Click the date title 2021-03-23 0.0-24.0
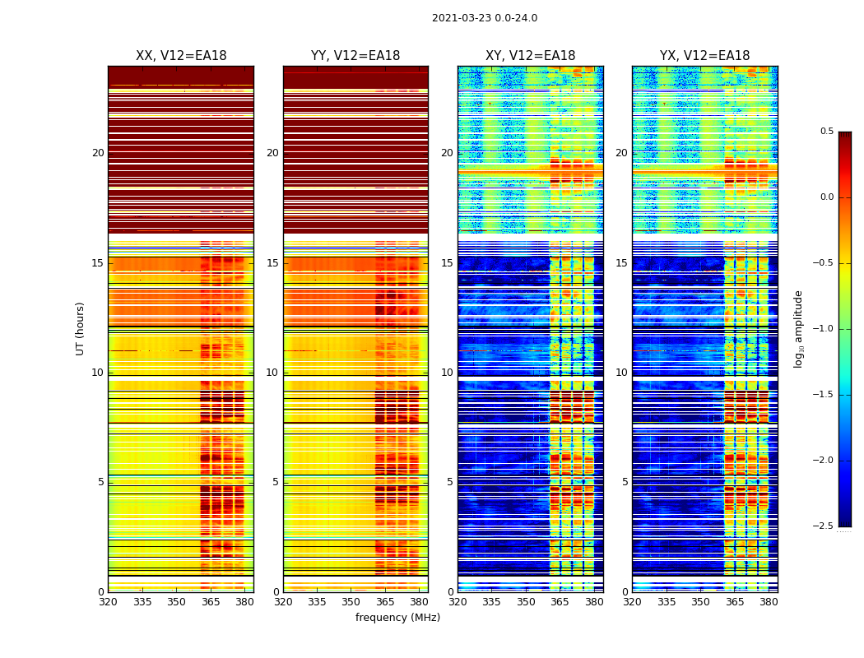(x=484, y=18)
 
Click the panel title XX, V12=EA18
(x=181, y=56)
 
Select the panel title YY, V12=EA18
(x=355, y=56)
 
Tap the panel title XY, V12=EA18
(x=530, y=56)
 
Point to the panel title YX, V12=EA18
(x=704, y=56)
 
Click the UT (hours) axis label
(x=81, y=328)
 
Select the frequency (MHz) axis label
(x=397, y=618)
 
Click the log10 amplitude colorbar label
(x=798, y=328)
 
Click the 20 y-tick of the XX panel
(x=98, y=153)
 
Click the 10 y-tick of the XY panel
(x=447, y=373)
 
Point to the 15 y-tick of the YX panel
(x=621, y=263)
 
